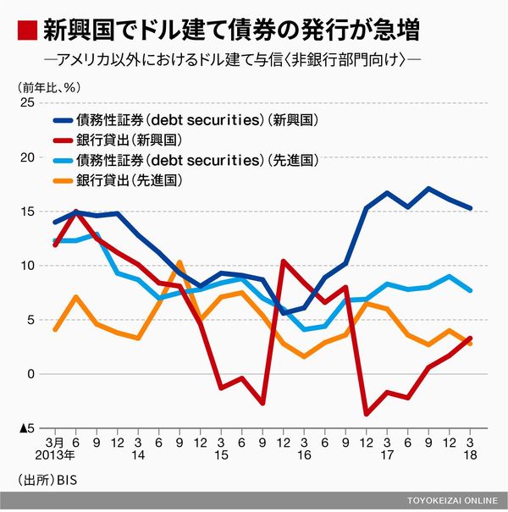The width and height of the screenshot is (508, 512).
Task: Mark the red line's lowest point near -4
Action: click(x=367, y=414)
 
